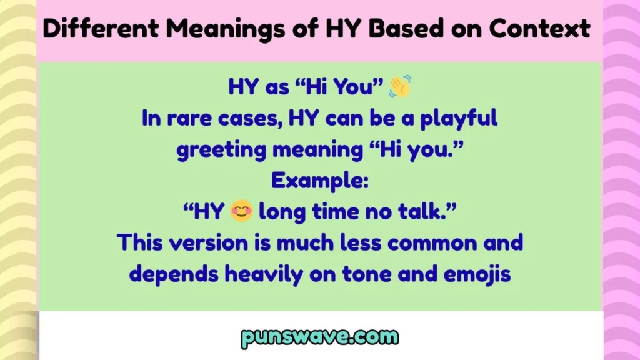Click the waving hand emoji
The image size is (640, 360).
(x=400, y=87)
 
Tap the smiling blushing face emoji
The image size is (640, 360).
(x=241, y=212)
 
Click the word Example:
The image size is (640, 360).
(x=319, y=181)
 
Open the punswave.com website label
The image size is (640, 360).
(x=319, y=338)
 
